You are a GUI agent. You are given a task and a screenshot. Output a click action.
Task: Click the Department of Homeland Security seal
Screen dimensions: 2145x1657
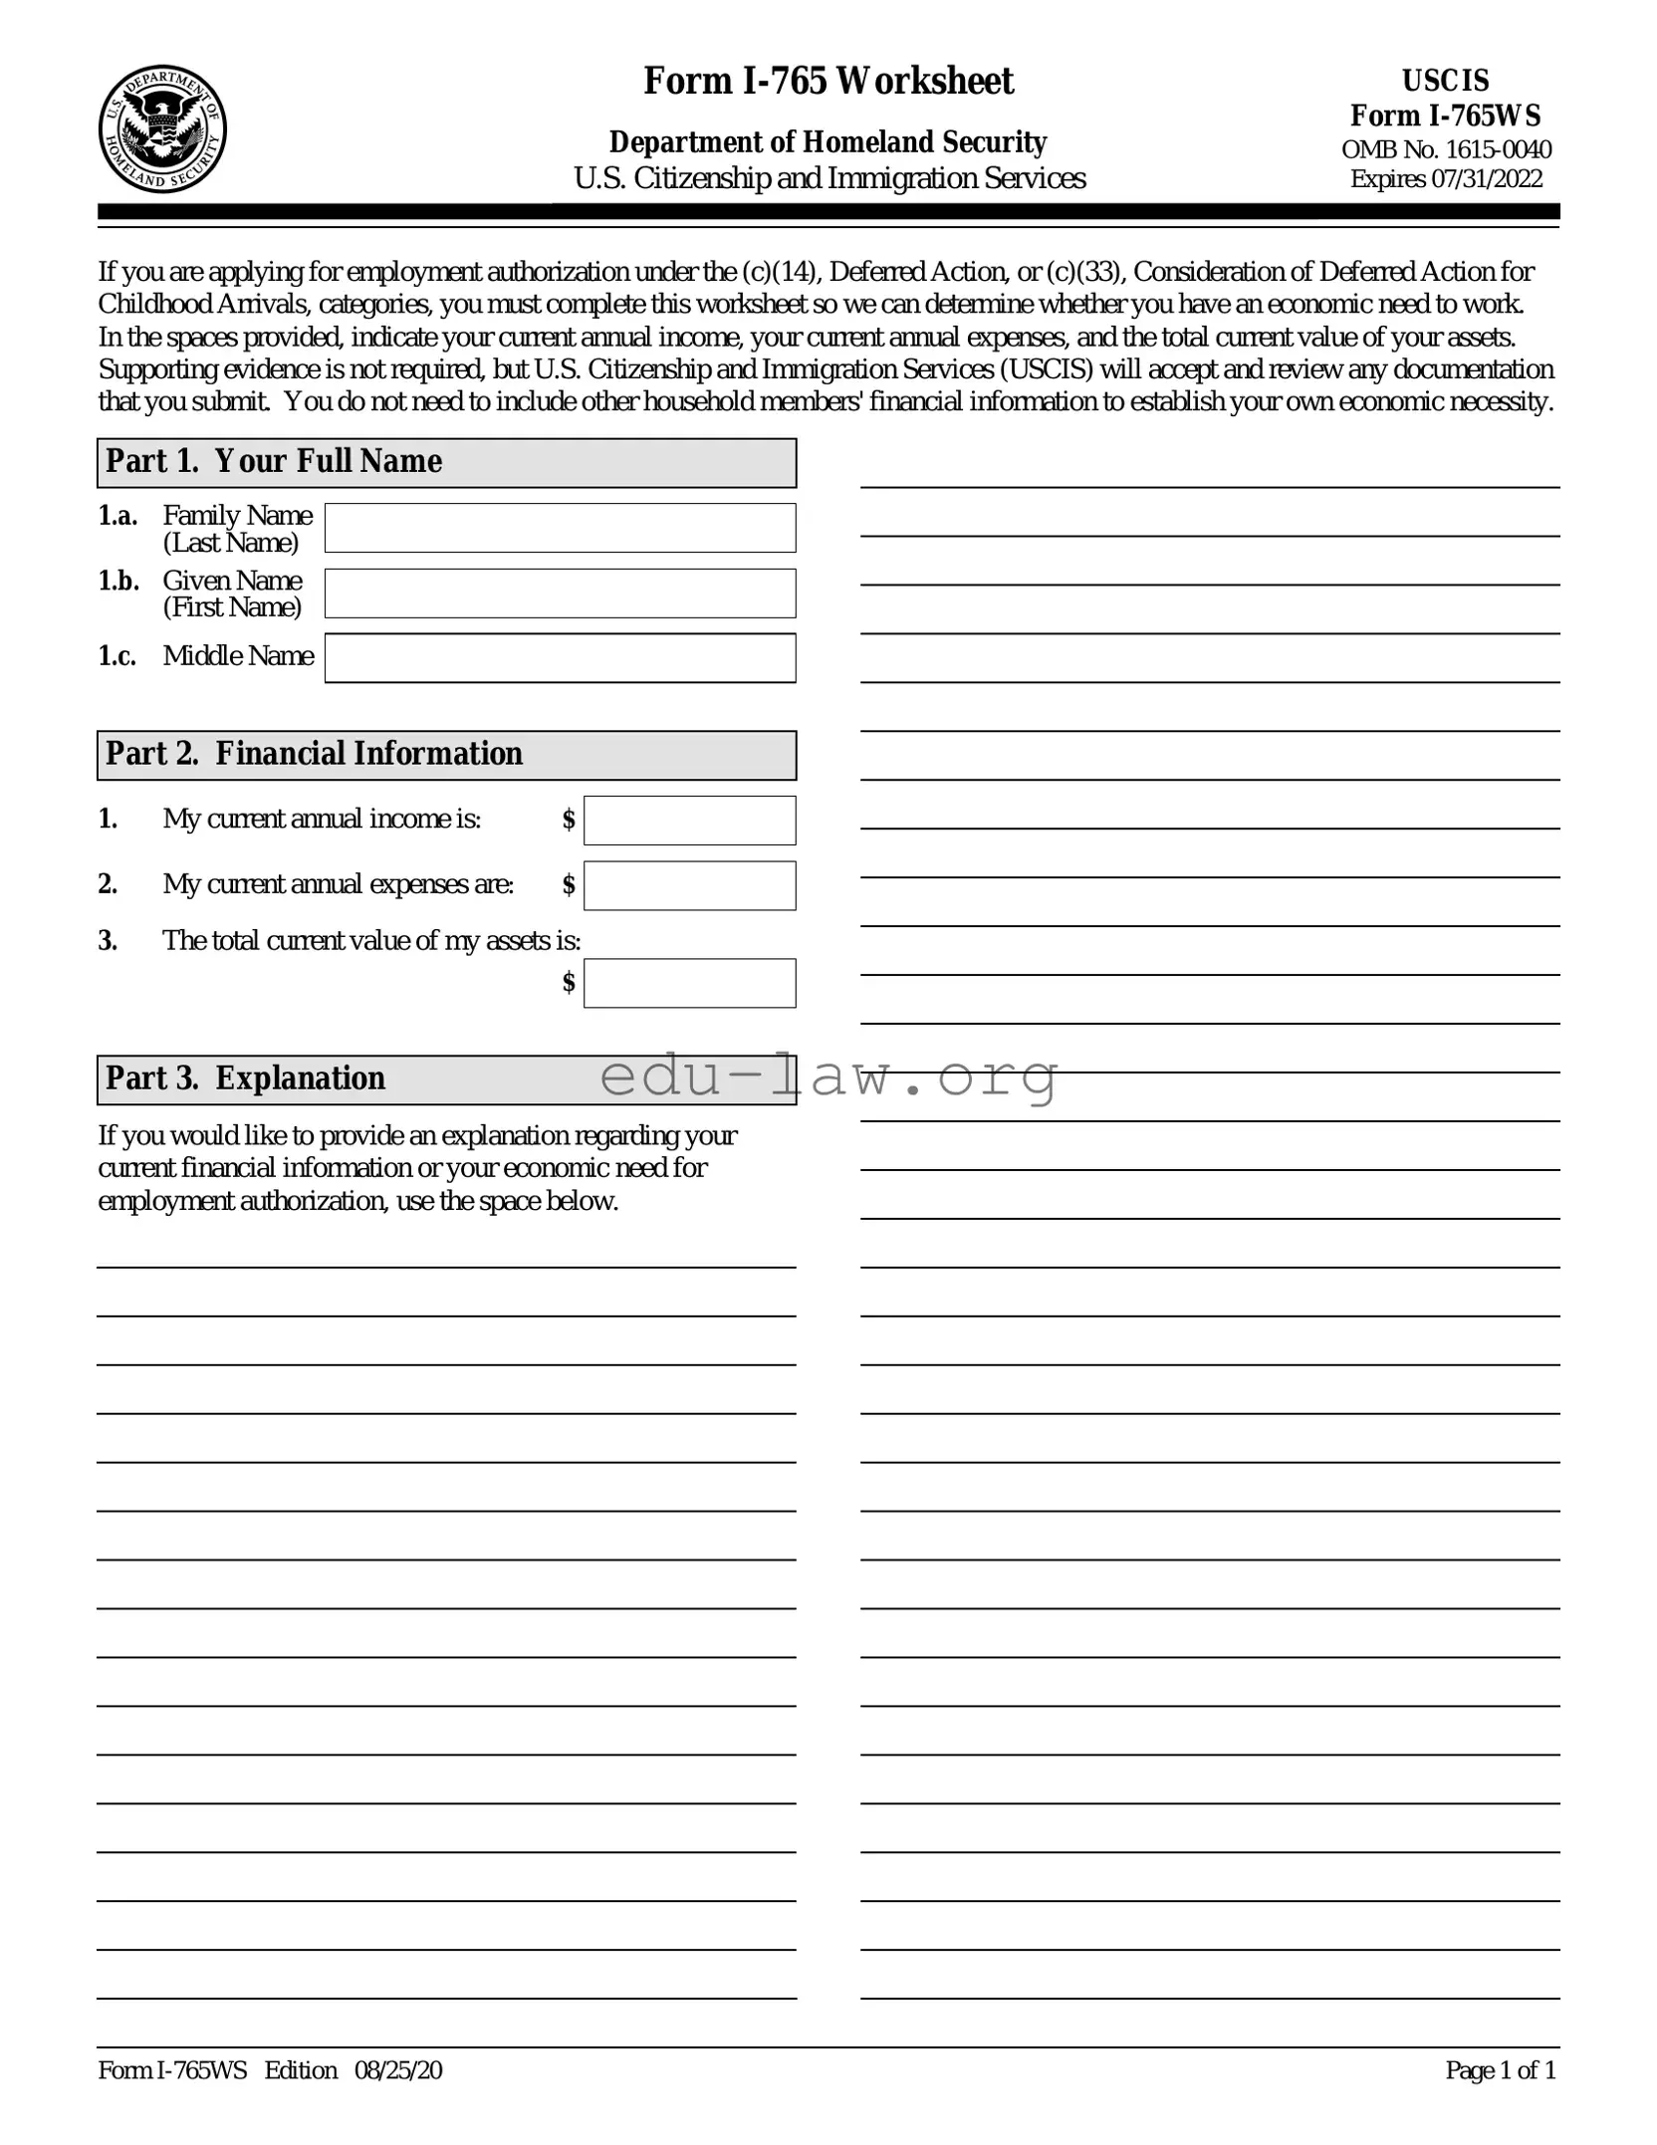coord(162,129)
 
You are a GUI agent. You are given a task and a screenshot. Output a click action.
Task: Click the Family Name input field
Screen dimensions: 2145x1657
coord(560,528)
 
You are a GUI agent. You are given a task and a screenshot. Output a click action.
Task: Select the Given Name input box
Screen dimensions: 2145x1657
coord(560,594)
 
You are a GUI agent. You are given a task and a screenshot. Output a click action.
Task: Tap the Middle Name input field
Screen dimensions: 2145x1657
coord(560,658)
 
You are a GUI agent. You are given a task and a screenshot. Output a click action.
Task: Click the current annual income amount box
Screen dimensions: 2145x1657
coord(689,821)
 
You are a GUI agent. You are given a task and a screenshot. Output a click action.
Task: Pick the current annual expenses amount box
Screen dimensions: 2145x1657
coord(689,885)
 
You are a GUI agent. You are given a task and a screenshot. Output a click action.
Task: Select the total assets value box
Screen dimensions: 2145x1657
coord(689,983)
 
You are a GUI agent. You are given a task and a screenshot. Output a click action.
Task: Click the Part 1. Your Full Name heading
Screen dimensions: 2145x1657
coord(274,462)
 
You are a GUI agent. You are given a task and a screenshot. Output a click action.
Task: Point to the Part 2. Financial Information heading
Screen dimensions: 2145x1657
coord(314,754)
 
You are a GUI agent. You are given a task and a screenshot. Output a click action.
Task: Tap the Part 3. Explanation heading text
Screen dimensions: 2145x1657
coord(245,1078)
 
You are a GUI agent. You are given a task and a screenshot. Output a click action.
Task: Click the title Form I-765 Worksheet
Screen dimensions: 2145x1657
coord(828,82)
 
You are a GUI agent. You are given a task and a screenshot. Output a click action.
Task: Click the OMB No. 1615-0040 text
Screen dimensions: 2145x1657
coord(1445,150)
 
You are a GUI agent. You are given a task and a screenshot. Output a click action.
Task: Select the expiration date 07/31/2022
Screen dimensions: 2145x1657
coord(1486,179)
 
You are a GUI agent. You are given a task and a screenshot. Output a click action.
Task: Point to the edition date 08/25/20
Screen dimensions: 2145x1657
coord(398,2070)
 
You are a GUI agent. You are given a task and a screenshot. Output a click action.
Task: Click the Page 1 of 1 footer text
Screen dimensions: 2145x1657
coord(1500,2070)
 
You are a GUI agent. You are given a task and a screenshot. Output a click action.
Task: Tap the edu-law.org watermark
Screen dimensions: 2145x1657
coord(828,1077)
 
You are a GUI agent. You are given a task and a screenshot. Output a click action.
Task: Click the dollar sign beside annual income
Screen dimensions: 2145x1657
coord(569,820)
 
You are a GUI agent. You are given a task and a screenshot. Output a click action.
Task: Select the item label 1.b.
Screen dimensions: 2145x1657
coord(118,581)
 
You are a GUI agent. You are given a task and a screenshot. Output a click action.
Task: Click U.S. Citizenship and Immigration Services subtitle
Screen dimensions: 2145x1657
coord(828,178)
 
